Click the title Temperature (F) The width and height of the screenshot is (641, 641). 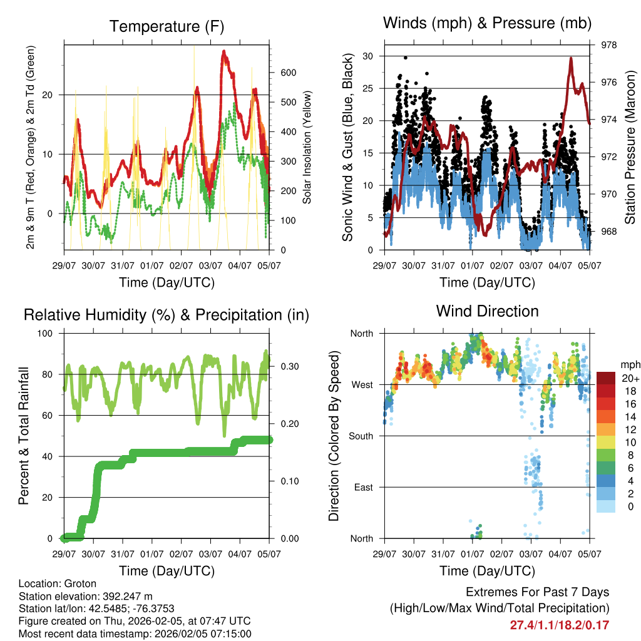[x=166, y=26]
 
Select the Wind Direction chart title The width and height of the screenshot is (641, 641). [x=487, y=311]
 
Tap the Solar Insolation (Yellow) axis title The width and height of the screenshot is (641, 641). [x=307, y=147]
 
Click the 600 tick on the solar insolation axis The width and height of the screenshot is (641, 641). [x=288, y=73]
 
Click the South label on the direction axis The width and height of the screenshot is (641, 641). [x=361, y=436]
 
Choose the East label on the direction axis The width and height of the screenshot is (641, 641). [x=364, y=487]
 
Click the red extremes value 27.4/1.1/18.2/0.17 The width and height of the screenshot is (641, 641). [x=559, y=625]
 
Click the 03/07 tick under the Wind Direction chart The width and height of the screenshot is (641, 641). [x=531, y=554]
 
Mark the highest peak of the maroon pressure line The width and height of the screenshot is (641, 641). [x=571, y=58]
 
